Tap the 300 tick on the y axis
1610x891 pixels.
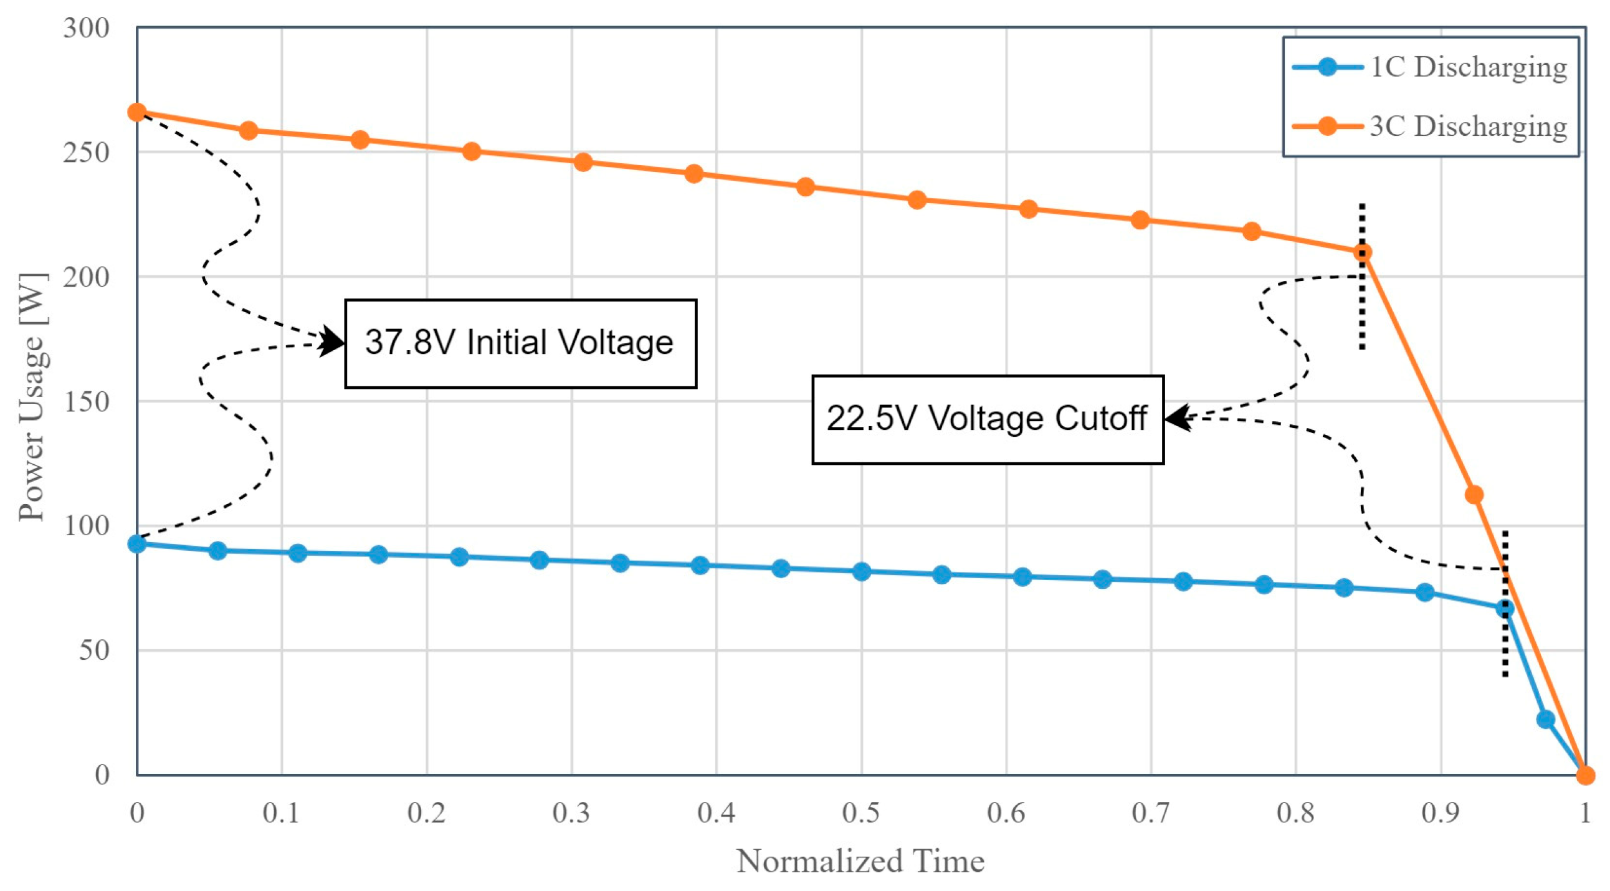pyautogui.click(x=86, y=28)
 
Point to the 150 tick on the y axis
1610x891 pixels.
pyautogui.click(x=86, y=402)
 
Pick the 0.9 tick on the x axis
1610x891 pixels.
pyautogui.click(x=1440, y=813)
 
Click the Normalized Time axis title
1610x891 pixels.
pyautogui.click(x=860, y=862)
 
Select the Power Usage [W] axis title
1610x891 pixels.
pyautogui.click(x=31, y=398)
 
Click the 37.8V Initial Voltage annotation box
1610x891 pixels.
pyautogui.click(x=520, y=344)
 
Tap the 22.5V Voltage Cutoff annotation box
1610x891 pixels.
pyautogui.click(x=987, y=419)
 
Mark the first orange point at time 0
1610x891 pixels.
pyautogui.click(x=137, y=113)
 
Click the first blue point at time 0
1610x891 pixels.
pyautogui.click(x=137, y=544)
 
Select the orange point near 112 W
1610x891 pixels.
pyautogui.click(x=1474, y=495)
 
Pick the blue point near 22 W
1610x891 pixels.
pyautogui.click(x=1545, y=719)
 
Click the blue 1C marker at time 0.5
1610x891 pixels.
pyautogui.click(x=861, y=572)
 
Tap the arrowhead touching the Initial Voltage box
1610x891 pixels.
pyautogui.click(x=333, y=343)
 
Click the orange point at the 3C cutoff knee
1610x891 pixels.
pyautogui.click(x=1363, y=252)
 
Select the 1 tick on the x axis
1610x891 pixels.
pyautogui.click(x=1584, y=813)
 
